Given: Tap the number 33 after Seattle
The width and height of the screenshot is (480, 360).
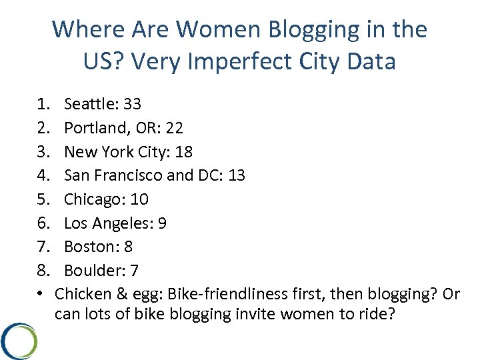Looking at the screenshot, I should point(132,104).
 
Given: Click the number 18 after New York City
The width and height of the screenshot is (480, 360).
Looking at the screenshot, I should point(183,152).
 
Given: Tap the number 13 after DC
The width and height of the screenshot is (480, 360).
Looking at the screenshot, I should point(236,176).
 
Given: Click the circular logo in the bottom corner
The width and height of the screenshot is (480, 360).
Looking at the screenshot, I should point(19,341).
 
